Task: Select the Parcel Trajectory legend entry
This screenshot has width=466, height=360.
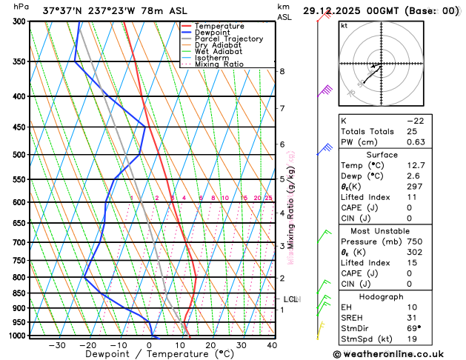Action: pyautogui.click(x=229, y=39)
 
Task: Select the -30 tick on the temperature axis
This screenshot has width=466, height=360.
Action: pyautogui.click(x=57, y=345)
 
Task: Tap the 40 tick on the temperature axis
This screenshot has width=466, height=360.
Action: pyautogui.click(x=272, y=345)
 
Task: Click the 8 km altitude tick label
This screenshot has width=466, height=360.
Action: pyautogui.click(x=282, y=71)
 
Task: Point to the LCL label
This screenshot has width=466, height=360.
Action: pyautogui.click(x=291, y=299)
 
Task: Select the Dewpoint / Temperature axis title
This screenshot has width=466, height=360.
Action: pyautogui.click(x=149, y=355)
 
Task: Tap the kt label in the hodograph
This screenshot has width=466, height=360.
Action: pyautogui.click(x=344, y=26)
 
